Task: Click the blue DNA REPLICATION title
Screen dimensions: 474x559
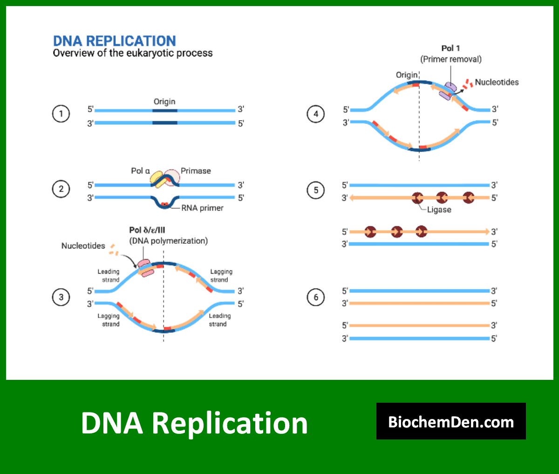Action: tap(114, 41)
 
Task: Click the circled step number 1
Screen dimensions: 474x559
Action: tap(61, 114)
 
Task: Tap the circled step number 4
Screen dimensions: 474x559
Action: tap(316, 114)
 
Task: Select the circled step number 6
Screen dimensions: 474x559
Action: tap(316, 297)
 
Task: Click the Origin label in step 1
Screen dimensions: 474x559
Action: tap(164, 102)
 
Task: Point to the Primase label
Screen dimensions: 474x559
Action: tap(196, 171)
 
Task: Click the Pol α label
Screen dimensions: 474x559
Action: tap(140, 171)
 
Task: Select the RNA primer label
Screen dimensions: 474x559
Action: tap(202, 208)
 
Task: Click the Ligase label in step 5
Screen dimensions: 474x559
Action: tap(439, 210)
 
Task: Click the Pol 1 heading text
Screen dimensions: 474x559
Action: tap(450, 48)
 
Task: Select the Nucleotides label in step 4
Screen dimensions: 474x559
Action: tap(497, 82)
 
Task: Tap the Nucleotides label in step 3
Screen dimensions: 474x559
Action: tap(83, 246)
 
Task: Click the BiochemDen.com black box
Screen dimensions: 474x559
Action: tap(451, 421)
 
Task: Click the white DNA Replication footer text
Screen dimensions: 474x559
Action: tap(194, 423)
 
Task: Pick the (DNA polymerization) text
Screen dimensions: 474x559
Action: tap(168, 240)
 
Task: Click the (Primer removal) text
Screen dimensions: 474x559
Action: tap(450, 59)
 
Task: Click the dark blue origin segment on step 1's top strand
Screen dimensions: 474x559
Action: tap(164, 110)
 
